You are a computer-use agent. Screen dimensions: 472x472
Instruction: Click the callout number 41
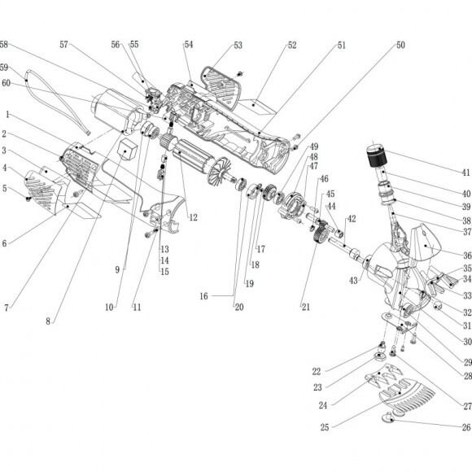point(465,173)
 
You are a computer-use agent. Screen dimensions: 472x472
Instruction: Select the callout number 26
point(466,427)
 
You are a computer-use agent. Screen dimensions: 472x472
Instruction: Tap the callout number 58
point(3,45)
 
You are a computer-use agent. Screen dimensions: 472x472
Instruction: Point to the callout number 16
point(203,296)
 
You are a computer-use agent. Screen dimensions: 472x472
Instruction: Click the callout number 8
point(48,321)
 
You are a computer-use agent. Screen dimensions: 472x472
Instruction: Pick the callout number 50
point(400,45)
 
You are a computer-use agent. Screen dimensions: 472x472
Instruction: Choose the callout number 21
point(305,307)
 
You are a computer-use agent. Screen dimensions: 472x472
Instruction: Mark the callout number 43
point(353,281)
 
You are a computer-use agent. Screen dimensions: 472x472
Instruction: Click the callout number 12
point(193,217)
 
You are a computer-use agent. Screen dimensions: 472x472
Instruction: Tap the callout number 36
point(467,256)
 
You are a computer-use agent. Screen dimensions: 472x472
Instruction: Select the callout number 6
point(4,243)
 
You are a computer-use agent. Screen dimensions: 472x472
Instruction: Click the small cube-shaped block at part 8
point(129,150)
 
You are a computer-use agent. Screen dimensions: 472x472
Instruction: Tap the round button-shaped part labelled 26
point(389,417)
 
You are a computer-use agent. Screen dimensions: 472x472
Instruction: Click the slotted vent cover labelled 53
point(222,87)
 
